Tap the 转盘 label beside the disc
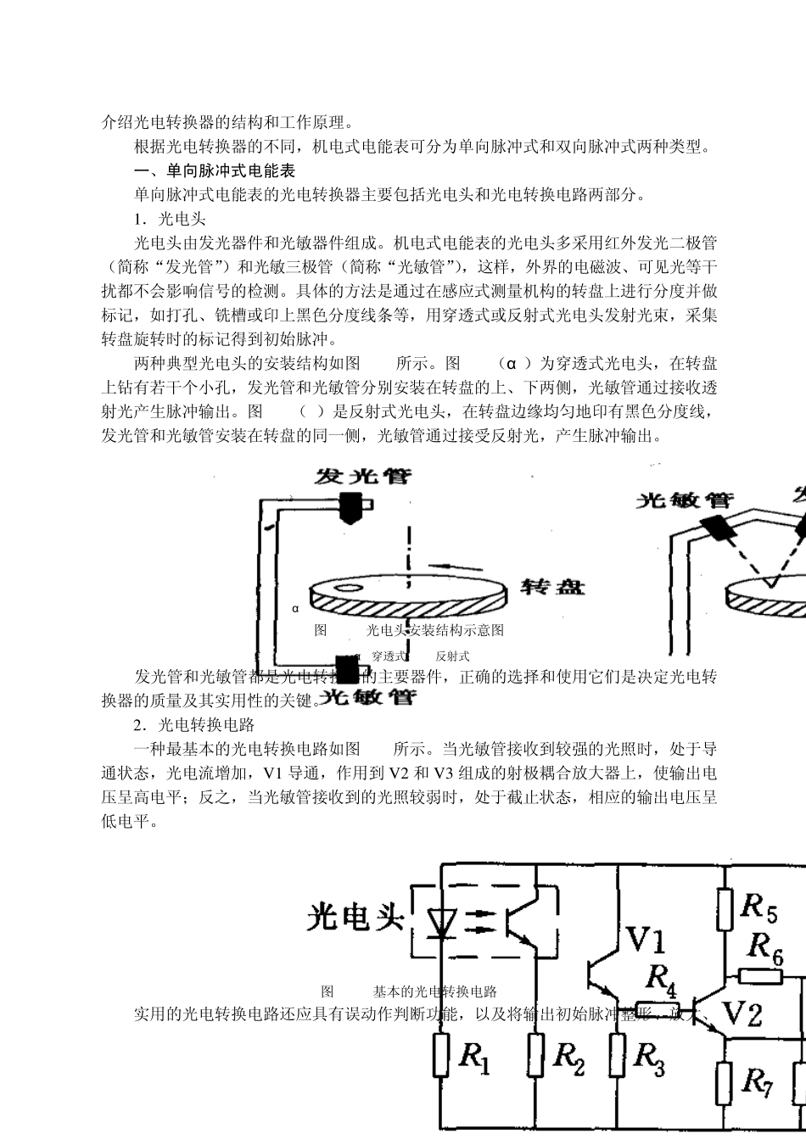pyautogui.click(x=551, y=587)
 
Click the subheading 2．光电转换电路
pyautogui.click(x=194, y=725)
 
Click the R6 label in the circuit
pyautogui.click(x=764, y=944)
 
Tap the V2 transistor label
pyautogui.click(x=742, y=1013)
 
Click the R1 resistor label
pyautogui.click(x=474, y=1057)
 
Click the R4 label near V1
pyautogui.click(x=660, y=977)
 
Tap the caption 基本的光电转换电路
pyautogui.click(x=434, y=991)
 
